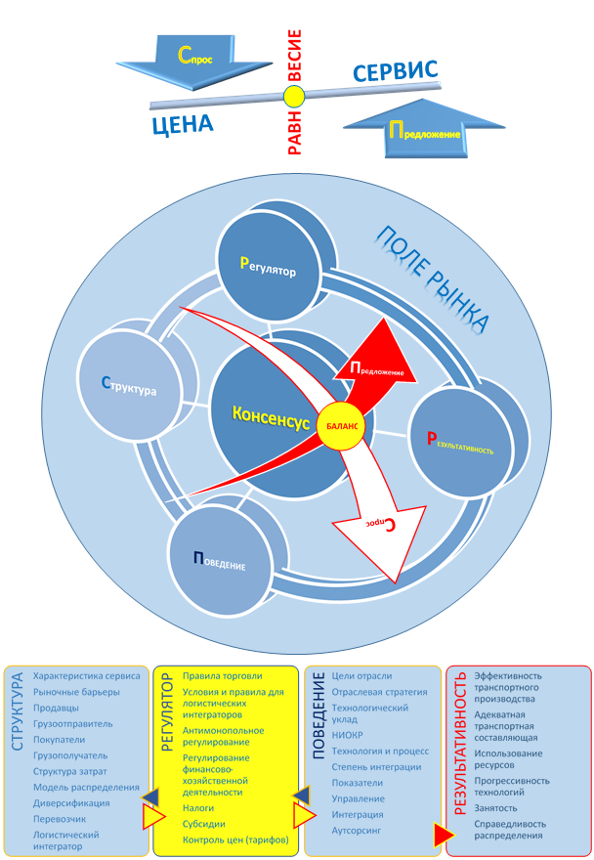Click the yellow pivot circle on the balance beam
point(295,97)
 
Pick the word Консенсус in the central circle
point(271,415)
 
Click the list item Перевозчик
point(60,818)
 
